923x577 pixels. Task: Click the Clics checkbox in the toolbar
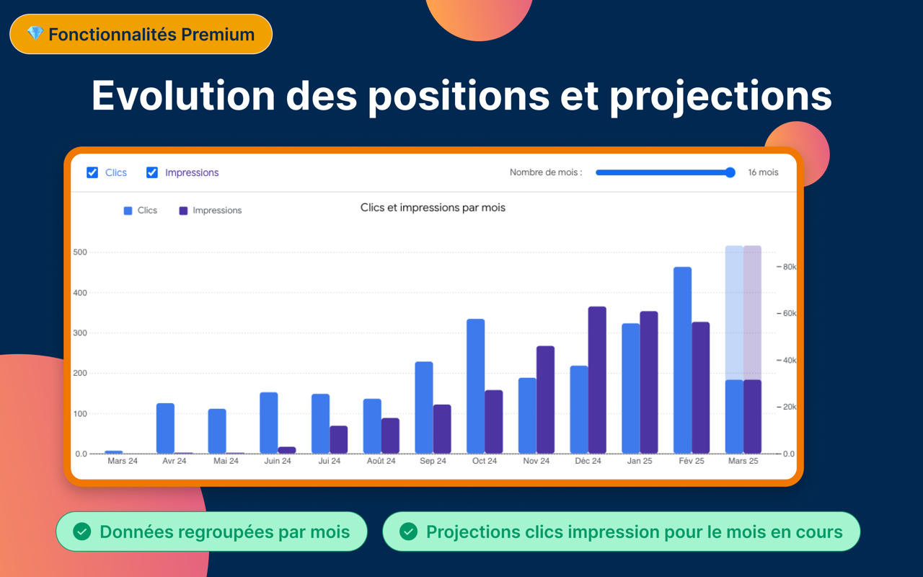click(x=92, y=172)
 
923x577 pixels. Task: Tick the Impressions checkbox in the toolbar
click(x=152, y=172)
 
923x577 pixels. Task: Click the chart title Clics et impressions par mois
click(x=433, y=208)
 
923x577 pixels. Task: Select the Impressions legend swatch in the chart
click(x=183, y=211)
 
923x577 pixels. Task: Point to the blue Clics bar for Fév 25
click(x=682, y=361)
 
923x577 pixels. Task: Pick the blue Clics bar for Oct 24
click(x=475, y=386)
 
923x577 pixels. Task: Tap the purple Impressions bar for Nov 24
click(x=545, y=400)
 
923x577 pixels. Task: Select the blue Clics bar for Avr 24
click(x=165, y=428)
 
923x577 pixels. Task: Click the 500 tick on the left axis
click(x=79, y=252)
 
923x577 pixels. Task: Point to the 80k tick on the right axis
click(x=790, y=267)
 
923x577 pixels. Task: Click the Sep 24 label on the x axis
click(x=433, y=461)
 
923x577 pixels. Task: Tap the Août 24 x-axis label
click(x=381, y=461)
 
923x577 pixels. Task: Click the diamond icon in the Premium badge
click(x=35, y=34)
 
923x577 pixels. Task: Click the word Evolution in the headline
click(x=183, y=95)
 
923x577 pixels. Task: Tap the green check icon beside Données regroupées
click(x=82, y=532)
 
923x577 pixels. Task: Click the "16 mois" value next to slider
click(x=763, y=172)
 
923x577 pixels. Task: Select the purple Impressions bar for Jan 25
click(x=649, y=382)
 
